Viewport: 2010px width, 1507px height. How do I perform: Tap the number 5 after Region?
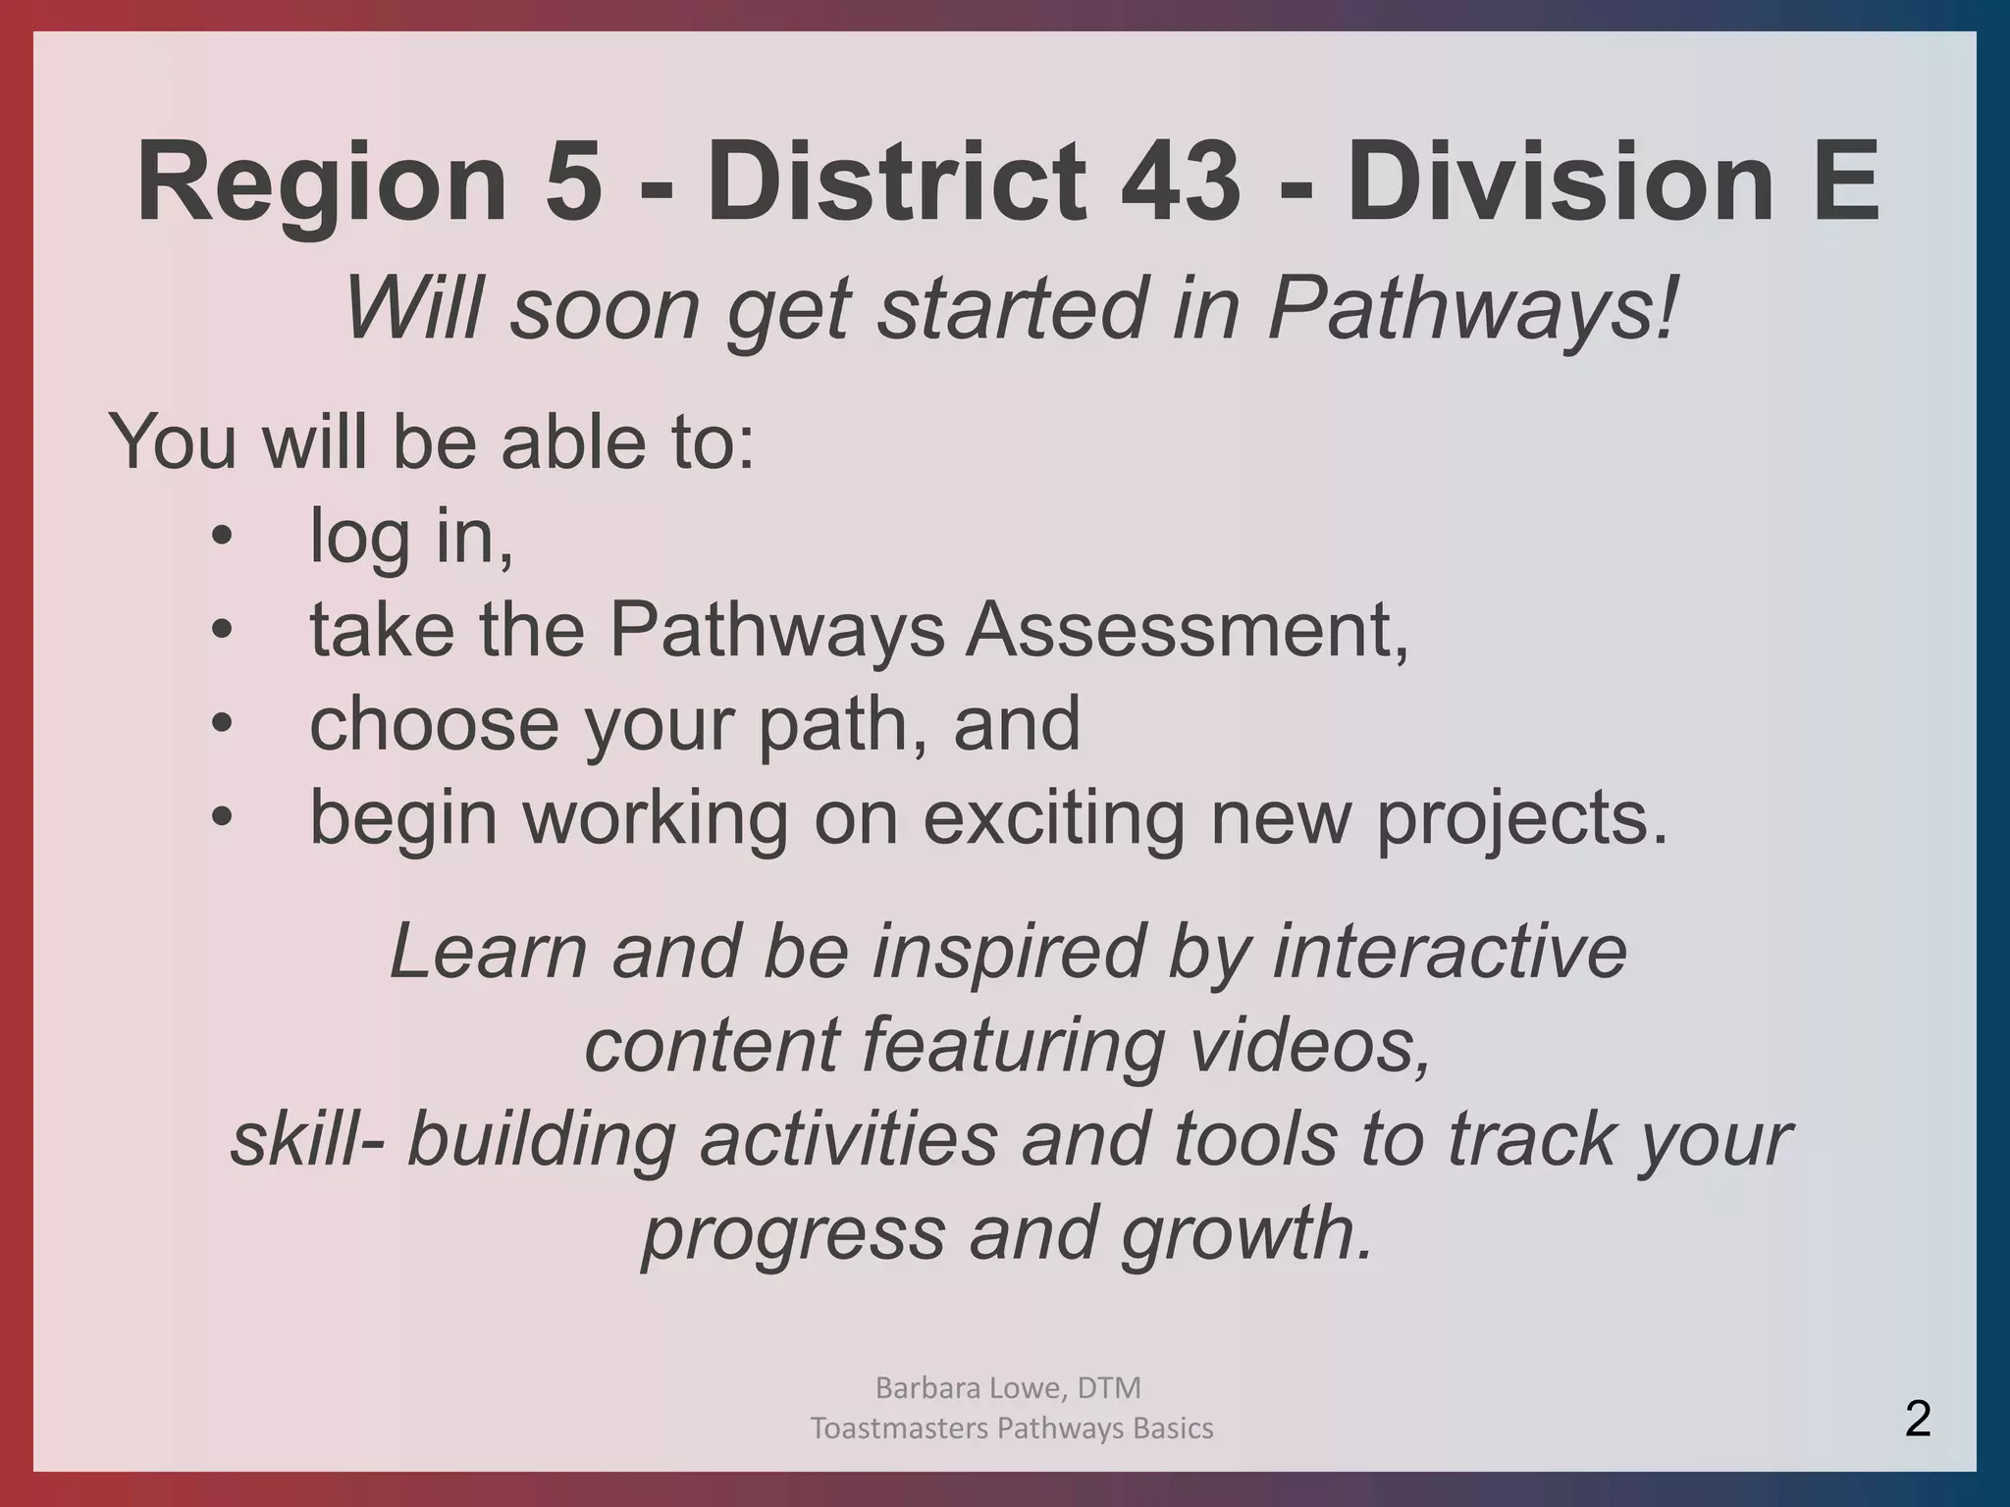(572, 182)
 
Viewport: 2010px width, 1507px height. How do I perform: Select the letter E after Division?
(1844, 182)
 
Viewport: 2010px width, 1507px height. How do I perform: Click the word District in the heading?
(893, 182)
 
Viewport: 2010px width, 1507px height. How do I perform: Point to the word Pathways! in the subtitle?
(1472, 309)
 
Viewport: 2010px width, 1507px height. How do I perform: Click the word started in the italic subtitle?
(1011, 309)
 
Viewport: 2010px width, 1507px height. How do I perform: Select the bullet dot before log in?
(223, 537)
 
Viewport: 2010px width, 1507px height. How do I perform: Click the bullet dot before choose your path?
(223, 724)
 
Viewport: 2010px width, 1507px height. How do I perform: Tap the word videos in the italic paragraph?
(1310, 1045)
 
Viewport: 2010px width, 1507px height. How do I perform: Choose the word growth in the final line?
(1246, 1233)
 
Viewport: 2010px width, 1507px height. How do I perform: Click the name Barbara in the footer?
(921, 1387)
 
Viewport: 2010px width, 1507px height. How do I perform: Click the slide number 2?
(1918, 1419)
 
